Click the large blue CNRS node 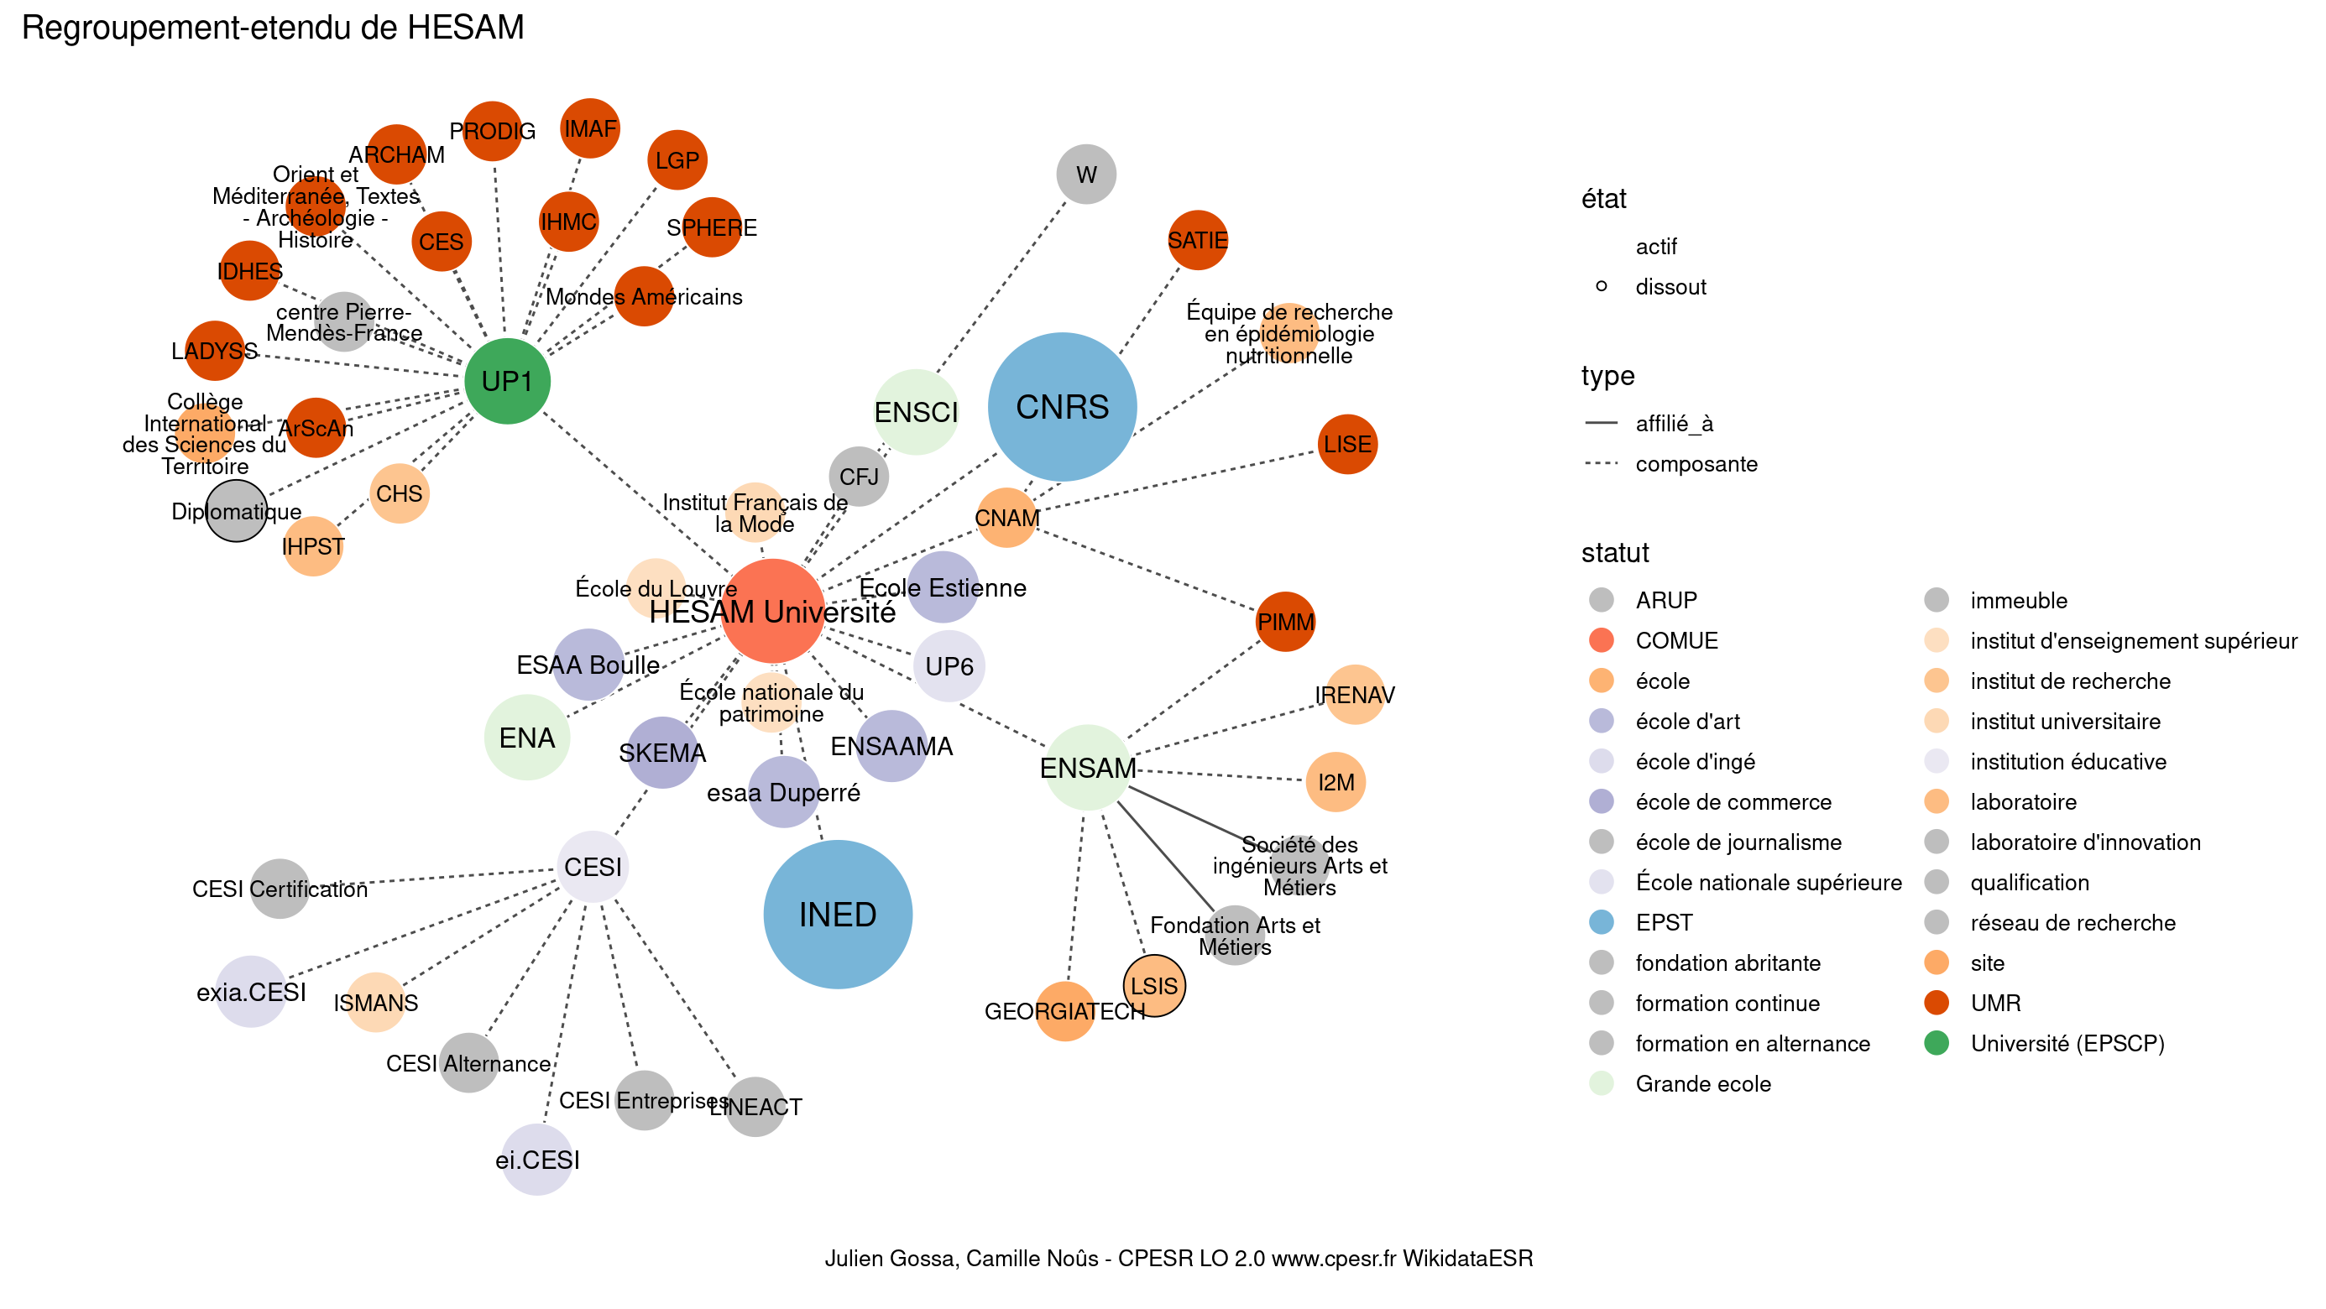[1062, 407]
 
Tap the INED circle [837, 914]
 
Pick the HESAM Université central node [772, 611]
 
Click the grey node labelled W [1085, 175]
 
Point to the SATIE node [1197, 240]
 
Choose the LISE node [1346, 444]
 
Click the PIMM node [1285, 621]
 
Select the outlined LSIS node [1154, 985]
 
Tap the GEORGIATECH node [1064, 1010]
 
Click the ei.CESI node [537, 1159]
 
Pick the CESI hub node [593, 867]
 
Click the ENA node [527, 738]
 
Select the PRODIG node [492, 132]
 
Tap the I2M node [1335, 782]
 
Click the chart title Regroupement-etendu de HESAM [273, 28]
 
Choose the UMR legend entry [1994, 1003]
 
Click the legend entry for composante [1695, 464]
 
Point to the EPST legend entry [1663, 923]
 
